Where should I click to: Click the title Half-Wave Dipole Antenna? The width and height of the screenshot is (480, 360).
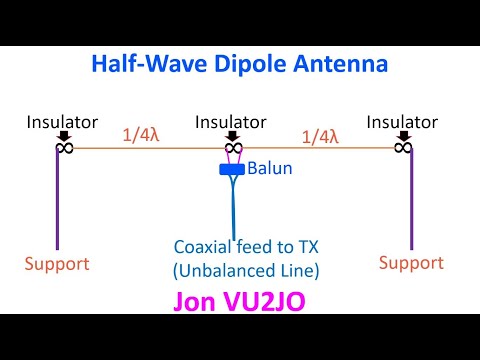tap(239, 63)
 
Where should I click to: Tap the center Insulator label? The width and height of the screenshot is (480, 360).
tap(231, 122)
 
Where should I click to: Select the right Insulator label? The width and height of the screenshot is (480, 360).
tap(403, 122)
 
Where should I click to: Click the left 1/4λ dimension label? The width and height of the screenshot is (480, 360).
tap(140, 135)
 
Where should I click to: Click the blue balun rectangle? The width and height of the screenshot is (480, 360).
tap(231, 169)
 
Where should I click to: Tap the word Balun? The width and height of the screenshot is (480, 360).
tap(270, 169)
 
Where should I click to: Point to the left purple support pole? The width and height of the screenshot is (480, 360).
tap(57, 200)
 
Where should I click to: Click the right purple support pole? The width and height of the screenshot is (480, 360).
tap(410, 200)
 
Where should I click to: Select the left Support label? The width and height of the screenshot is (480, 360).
tap(57, 264)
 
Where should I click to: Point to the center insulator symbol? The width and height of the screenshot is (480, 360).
tap(232, 148)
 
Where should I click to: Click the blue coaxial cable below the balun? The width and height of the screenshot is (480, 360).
tap(231, 205)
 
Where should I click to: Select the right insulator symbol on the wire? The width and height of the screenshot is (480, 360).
tap(403, 148)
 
